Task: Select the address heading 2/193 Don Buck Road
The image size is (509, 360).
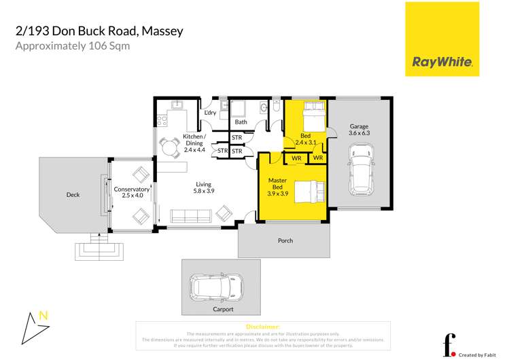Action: pyautogui.click(x=99, y=31)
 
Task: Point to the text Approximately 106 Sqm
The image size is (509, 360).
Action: pyautogui.click(x=72, y=46)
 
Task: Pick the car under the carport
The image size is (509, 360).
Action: pyautogui.click(x=217, y=286)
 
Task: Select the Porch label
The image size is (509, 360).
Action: pyautogui.click(x=285, y=240)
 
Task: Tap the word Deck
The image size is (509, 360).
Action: pyautogui.click(x=73, y=195)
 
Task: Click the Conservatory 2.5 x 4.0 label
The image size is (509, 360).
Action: pyautogui.click(x=131, y=192)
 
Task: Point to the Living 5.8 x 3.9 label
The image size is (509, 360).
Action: pyautogui.click(x=204, y=187)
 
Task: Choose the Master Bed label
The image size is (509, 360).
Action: pyautogui.click(x=277, y=184)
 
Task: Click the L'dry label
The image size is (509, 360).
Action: pyautogui.click(x=210, y=113)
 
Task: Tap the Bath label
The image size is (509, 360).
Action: pyautogui.click(x=241, y=122)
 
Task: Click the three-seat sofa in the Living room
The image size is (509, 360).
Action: pyautogui.click(x=190, y=217)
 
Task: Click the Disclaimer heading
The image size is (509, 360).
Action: pyautogui.click(x=263, y=327)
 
